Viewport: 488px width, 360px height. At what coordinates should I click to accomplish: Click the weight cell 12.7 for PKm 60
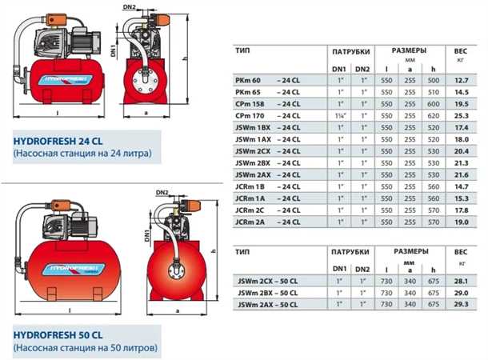click(x=462, y=80)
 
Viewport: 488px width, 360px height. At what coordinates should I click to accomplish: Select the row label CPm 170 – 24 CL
click(x=268, y=116)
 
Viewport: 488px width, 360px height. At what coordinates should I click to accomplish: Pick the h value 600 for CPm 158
click(x=434, y=104)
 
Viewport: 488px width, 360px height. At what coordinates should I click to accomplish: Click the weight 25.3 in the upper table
click(x=462, y=116)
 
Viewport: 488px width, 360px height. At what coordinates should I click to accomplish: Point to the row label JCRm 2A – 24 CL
click(x=268, y=222)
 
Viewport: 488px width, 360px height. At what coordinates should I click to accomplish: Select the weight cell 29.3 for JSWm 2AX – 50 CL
click(x=461, y=304)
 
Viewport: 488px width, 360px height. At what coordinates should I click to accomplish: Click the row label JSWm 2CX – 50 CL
click(x=268, y=281)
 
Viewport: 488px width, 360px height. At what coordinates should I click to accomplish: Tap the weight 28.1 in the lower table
click(x=461, y=281)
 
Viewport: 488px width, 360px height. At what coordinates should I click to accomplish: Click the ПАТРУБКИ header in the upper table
click(x=351, y=52)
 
